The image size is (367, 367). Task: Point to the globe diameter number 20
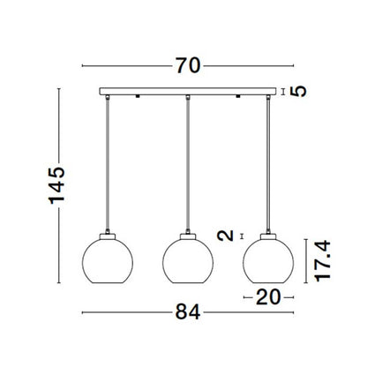[x=267, y=296]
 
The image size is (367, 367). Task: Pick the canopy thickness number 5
[x=299, y=91]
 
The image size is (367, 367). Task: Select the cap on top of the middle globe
[x=187, y=236]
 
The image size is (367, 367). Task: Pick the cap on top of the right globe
[x=267, y=236]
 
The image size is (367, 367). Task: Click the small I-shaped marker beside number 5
[x=283, y=91]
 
